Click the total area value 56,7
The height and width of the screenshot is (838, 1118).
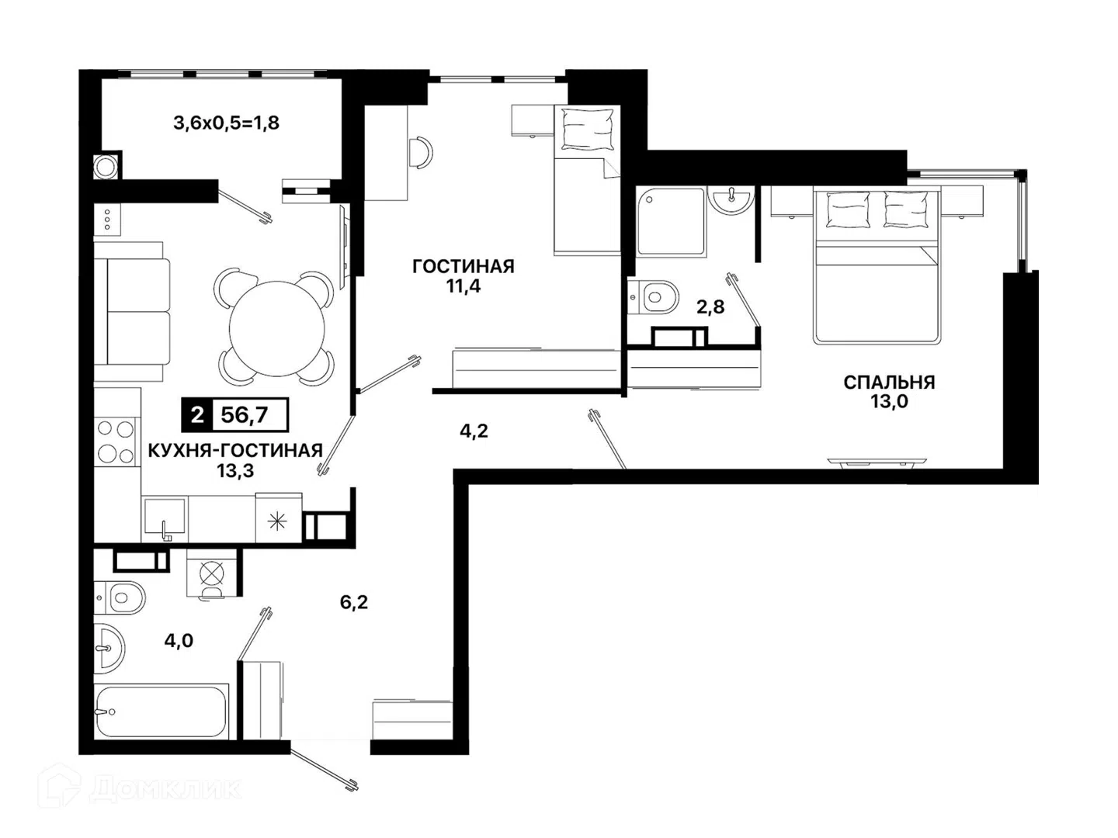click(x=244, y=415)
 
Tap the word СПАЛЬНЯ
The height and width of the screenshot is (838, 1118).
click(x=889, y=382)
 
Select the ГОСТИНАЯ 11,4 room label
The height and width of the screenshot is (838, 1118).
click(x=464, y=276)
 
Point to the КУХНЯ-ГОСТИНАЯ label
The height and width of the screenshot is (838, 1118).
click(x=235, y=450)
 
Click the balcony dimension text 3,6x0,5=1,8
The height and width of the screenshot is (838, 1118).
click(x=226, y=123)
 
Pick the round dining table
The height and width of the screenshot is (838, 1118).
click(x=277, y=329)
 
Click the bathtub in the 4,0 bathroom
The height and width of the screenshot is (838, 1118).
click(x=161, y=711)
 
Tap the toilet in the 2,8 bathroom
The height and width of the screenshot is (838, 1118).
click(x=654, y=296)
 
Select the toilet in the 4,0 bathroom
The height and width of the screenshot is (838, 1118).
click(x=120, y=597)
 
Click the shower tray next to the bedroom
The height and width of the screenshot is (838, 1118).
click(x=670, y=221)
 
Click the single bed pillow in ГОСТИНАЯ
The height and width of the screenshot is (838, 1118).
click(x=587, y=130)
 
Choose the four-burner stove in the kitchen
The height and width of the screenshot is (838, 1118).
click(x=115, y=442)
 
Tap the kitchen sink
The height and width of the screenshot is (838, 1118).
click(x=165, y=519)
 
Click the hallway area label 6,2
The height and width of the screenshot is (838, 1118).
click(x=353, y=602)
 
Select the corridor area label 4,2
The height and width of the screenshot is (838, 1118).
click(x=474, y=431)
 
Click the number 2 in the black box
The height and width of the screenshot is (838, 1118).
click(x=197, y=415)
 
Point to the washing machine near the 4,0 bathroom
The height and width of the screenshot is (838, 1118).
click(x=211, y=573)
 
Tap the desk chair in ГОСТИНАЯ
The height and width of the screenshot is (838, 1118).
click(x=422, y=152)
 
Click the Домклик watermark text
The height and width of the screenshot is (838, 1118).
click(x=165, y=790)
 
